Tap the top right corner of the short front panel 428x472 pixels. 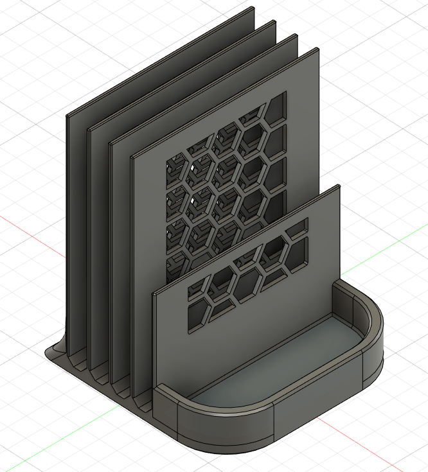pyautogui.click(x=337, y=187)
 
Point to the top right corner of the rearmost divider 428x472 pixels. pyautogui.click(x=251, y=8)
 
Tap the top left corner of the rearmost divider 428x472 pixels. pyautogui.click(x=67, y=116)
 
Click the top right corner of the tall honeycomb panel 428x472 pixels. pyautogui.click(x=317, y=49)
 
